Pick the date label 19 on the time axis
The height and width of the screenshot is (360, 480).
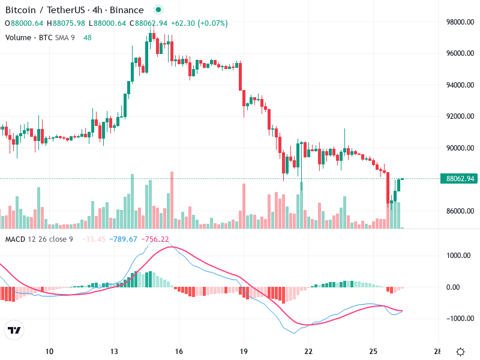244,351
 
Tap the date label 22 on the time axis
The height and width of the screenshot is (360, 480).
308,351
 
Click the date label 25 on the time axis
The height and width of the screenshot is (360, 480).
373,351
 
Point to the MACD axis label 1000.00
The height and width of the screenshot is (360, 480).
459,255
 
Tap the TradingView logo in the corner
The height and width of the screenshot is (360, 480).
14,331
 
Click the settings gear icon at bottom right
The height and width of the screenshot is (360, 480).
461,352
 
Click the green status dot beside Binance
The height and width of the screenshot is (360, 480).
158,10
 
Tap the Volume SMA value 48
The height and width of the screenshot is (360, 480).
88,37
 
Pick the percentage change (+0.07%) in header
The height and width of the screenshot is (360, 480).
212,23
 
